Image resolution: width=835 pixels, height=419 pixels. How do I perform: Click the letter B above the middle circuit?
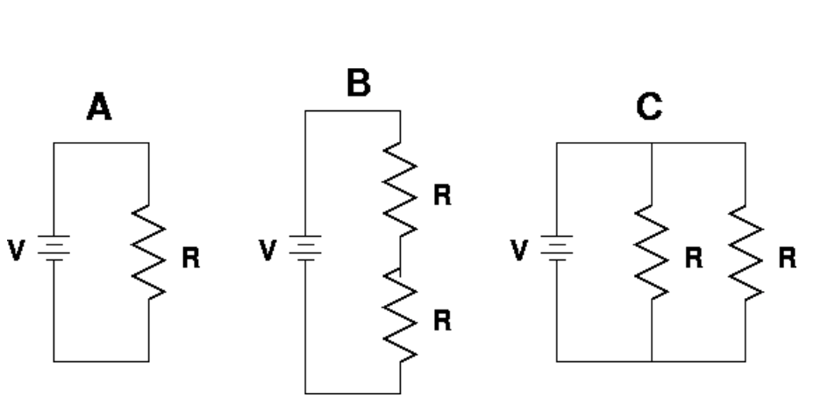(357, 84)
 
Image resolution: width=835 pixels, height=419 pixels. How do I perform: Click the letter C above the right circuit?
(649, 108)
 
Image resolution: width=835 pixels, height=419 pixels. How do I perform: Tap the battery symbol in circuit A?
(54, 249)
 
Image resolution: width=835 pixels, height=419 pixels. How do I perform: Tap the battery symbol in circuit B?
(305, 249)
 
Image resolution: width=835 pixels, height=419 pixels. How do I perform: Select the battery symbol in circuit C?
(556, 249)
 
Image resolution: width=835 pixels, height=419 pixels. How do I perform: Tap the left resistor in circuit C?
(652, 252)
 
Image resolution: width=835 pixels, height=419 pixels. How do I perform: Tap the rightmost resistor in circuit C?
(746, 252)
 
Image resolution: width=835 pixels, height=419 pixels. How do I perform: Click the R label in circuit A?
(189, 259)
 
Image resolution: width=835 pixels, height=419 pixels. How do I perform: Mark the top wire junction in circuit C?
(652, 143)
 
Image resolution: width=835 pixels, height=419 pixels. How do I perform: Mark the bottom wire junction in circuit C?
(652, 360)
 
